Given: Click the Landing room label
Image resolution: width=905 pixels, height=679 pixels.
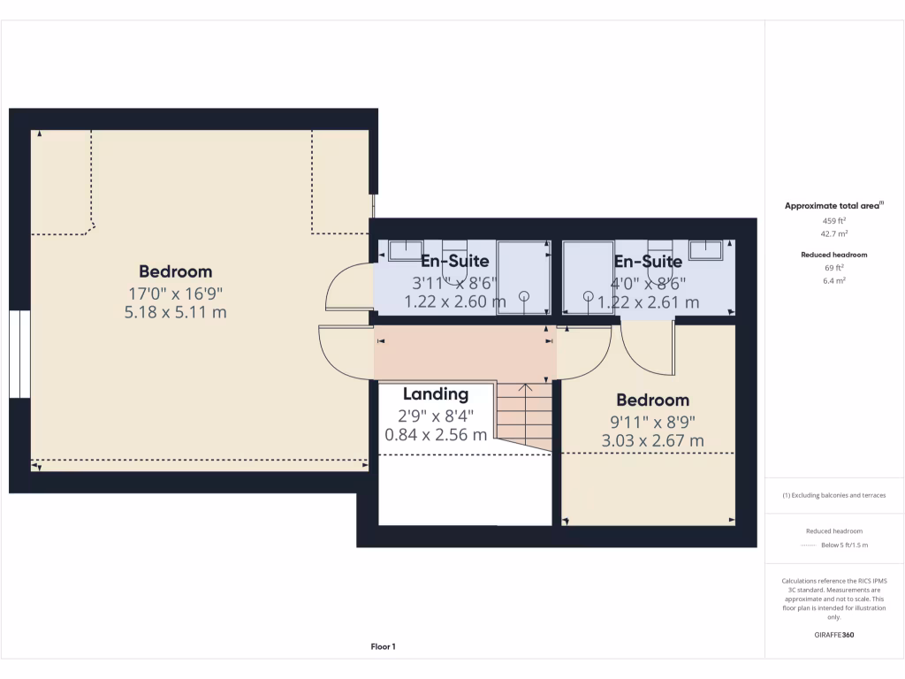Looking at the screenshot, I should pyautogui.click(x=436, y=394).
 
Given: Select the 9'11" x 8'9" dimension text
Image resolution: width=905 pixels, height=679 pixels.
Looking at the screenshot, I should pyautogui.click(x=653, y=422).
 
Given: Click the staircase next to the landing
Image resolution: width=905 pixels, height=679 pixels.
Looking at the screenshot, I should pyautogui.click(x=523, y=414).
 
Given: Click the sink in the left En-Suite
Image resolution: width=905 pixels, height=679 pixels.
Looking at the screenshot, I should pyautogui.click(x=406, y=250).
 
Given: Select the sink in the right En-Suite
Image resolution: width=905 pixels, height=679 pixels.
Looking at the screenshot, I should pyautogui.click(x=708, y=250).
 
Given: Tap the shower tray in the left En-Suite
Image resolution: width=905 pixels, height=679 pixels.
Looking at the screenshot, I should pyautogui.click(x=522, y=277).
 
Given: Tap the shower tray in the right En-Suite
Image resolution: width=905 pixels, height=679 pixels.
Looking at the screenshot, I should pyautogui.click(x=589, y=277).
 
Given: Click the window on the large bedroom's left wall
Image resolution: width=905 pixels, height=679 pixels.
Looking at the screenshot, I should pyautogui.click(x=19, y=354).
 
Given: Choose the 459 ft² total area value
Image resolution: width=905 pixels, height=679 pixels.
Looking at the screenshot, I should pyautogui.click(x=834, y=220).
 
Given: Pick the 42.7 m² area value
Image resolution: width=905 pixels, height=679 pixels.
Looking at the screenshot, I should pyautogui.click(x=834, y=234).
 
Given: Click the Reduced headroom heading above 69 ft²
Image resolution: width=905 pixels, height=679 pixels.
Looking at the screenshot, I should pyautogui.click(x=834, y=255).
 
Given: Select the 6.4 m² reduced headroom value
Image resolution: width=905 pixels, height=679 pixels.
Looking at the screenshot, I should pyautogui.click(x=834, y=280).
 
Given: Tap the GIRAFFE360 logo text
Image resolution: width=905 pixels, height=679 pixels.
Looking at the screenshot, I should pyautogui.click(x=834, y=635).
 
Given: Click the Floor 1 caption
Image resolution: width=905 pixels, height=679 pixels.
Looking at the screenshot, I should pyautogui.click(x=383, y=647).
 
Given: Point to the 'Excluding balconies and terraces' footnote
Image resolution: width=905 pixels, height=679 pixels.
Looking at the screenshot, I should pyautogui.click(x=834, y=495).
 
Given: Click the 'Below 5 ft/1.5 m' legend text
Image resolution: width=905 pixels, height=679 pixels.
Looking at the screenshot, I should pyautogui.click(x=844, y=545).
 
